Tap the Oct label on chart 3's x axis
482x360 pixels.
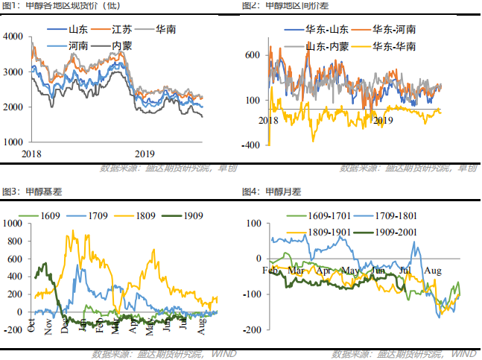pyautogui.click(x=32, y=322)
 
